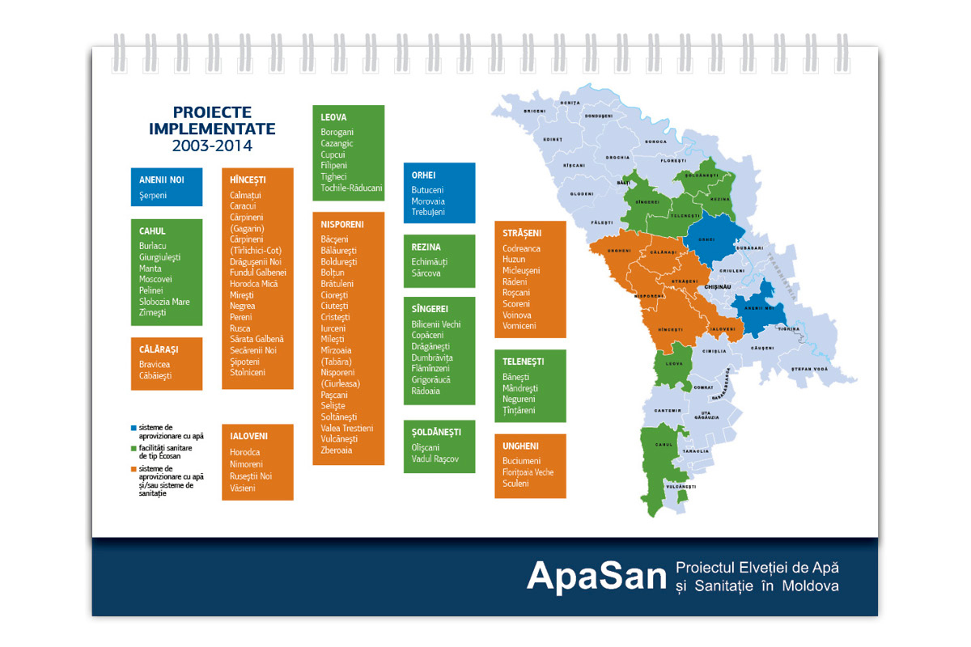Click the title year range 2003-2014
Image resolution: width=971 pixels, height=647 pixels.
[x=212, y=146]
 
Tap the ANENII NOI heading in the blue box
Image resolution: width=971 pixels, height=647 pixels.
[x=162, y=180]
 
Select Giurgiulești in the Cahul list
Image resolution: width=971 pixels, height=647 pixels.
[x=160, y=257]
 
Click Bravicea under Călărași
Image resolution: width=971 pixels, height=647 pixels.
[x=155, y=365]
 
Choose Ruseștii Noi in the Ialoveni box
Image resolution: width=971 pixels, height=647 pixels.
[x=251, y=476]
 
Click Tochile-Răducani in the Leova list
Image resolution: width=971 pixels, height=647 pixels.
[x=351, y=188]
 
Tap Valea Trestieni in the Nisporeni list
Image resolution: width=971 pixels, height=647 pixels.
[x=347, y=428]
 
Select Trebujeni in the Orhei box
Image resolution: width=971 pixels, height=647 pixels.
[x=428, y=212]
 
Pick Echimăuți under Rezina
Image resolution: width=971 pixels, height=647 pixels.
[x=430, y=262]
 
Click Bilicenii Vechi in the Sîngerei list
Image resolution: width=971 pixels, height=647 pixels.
[x=436, y=324]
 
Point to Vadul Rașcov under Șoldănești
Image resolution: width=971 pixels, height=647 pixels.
[x=435, y=459]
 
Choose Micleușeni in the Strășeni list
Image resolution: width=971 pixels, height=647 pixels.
[x=521, y=270]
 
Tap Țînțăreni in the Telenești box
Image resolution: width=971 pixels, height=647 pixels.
[x=519, y=411]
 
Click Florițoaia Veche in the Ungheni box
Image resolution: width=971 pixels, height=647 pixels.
[x=528, y=472]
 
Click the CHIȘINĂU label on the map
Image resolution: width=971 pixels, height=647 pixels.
[x=718, y=286]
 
